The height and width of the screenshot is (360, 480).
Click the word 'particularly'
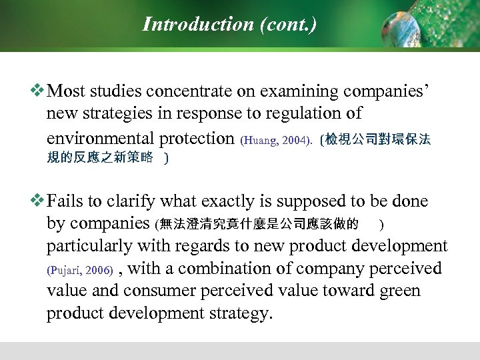coord(89,246)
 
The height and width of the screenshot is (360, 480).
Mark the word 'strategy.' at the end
coord(238,314)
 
